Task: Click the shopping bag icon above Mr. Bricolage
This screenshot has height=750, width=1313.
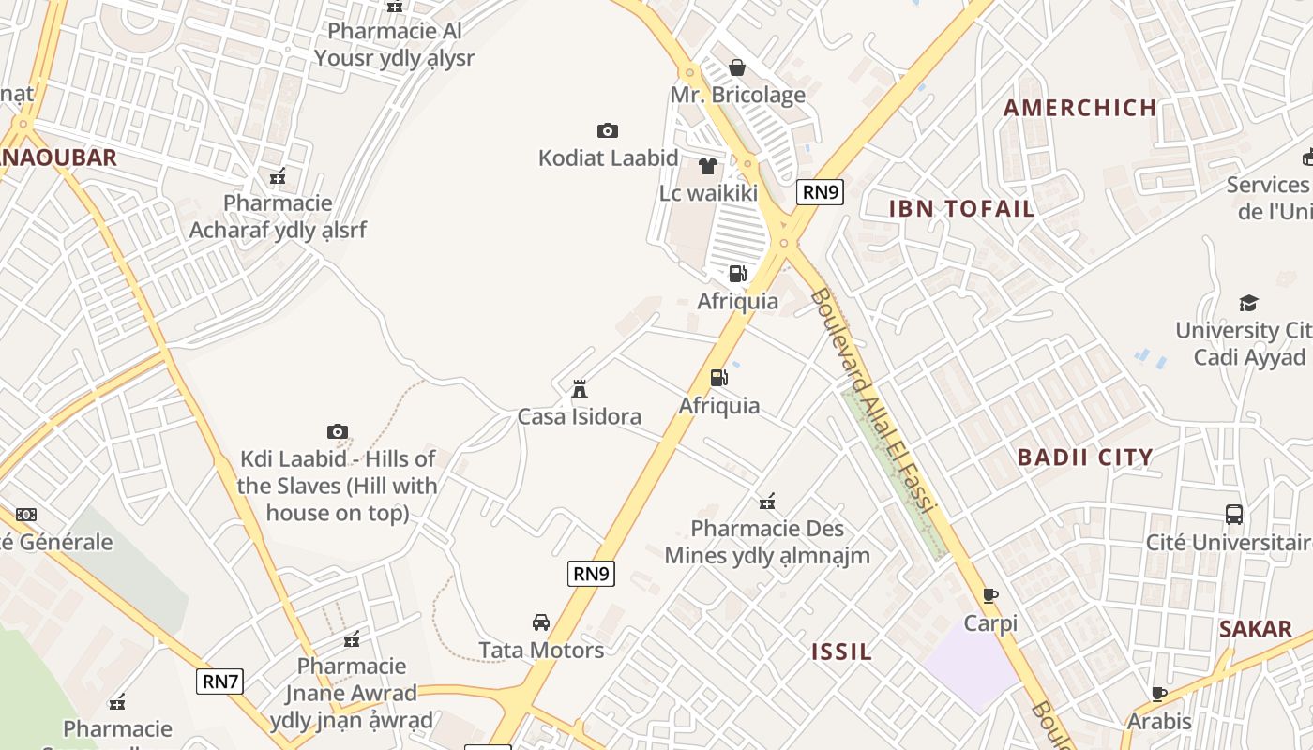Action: (x=737, y=67)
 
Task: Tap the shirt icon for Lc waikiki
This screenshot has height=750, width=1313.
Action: (x=708, y=166)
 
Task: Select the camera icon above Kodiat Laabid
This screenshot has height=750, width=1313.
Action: (x=608, y=130)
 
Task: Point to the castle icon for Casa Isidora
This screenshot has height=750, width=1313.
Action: (x=580, y=388)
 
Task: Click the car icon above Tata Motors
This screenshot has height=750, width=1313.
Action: (x=541, y=622)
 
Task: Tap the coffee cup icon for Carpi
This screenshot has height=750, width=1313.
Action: (x=990, y=595)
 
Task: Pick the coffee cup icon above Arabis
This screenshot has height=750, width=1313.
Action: (x=1159, y=694)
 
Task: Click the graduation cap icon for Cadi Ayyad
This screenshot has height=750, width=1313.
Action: (x=1248, y=303)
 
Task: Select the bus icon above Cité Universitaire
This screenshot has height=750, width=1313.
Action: (x=1234, y=515)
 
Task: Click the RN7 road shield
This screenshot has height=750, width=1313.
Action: (x=220, y=682)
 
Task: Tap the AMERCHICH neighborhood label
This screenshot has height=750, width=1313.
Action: (x=1080, y=108)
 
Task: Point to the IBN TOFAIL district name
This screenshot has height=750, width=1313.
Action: (x=962, y=209)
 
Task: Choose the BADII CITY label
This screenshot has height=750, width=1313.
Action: (x=1085, y=457)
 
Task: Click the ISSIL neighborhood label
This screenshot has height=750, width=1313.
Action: (x=841, y=652)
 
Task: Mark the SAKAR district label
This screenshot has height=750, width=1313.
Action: (x=1256, y=629)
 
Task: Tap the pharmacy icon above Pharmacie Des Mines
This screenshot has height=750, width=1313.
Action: (x=767, y=502)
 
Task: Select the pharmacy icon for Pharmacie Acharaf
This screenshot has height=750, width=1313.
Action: (x=278, y=175)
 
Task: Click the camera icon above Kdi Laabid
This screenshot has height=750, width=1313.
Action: (x=338, y=431)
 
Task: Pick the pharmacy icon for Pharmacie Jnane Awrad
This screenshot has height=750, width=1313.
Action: (x=352, y=639)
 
